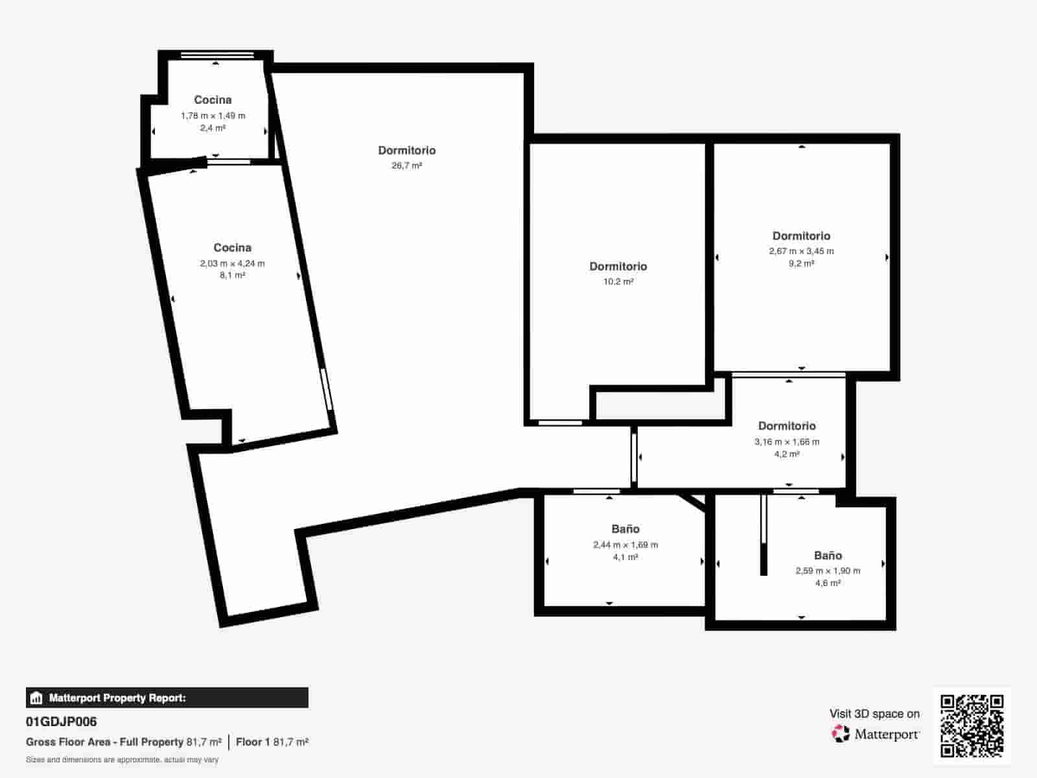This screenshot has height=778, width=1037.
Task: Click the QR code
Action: click(x=972, y=725)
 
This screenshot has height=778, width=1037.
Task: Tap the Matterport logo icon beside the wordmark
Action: click(x=841, y=733)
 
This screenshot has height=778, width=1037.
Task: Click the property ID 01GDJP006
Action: click(x=62, y=722)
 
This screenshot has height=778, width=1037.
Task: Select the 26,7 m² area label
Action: click(x=406, y=166)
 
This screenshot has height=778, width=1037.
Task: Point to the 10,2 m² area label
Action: click(x=618, y=282)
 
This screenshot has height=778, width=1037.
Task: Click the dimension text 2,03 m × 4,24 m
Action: click(x=232, y=263)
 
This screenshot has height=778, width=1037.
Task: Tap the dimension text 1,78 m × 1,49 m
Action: click(x=213, y=115)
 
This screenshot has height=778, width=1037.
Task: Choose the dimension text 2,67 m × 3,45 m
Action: click(x=801, y=251)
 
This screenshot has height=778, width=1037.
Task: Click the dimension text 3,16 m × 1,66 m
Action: click(x=787, y=442)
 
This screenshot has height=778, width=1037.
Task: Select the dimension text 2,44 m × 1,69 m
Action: click(x=625, y=545)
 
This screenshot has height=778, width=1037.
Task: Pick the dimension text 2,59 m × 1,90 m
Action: click(x=828, y=571)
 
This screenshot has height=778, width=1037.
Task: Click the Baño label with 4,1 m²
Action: click(x=625, y=529)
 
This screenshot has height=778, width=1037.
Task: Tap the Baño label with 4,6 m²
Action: click(x=828, y=556)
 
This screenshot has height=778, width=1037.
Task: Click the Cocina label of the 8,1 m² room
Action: click(x=232, y=248)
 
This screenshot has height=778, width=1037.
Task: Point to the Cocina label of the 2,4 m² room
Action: click(x=213, y=100)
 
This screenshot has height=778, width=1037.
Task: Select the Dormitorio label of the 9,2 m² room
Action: click(x=801, y=236)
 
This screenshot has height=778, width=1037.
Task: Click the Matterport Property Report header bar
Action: click(x=167, y=698)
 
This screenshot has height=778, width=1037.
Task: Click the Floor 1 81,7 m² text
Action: click(x=272, y=742)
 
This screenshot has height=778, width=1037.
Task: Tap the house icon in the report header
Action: click(x=36, y=698)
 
